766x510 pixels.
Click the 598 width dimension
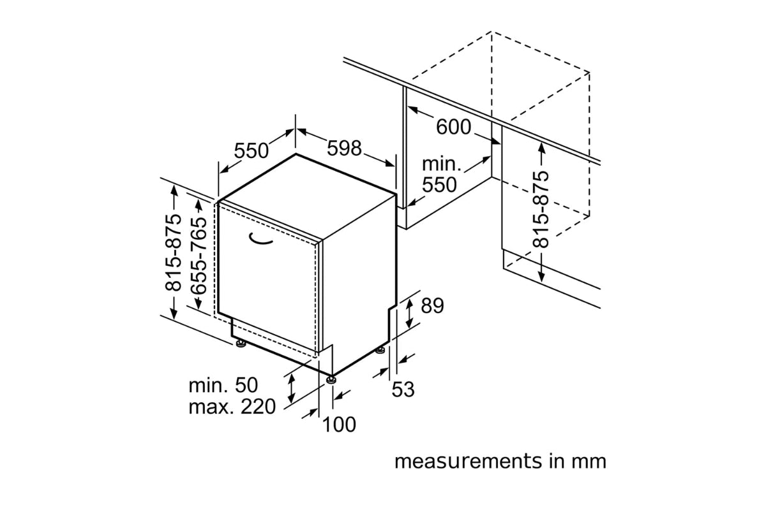[344, 149]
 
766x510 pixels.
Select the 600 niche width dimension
[453, 127]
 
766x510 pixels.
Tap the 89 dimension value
[432, 306]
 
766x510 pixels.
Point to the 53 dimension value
[403, 389]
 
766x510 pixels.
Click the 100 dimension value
[339, 425]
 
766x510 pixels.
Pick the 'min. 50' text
[223, 385]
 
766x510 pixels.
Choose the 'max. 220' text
[232, 407]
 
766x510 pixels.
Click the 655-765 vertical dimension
[199, 256]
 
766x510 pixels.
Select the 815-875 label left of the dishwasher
[173, 252]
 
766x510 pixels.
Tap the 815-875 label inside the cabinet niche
[541, 209]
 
